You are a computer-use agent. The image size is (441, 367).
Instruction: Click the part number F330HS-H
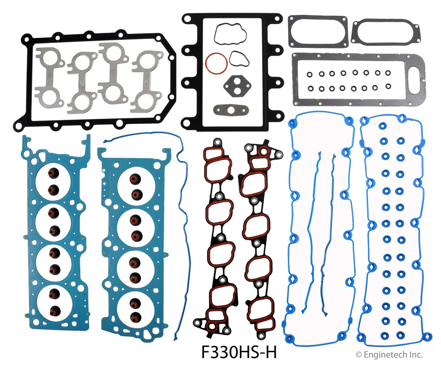[x=239, y=352]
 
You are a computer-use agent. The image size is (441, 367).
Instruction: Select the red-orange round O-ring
[x=216, y=63]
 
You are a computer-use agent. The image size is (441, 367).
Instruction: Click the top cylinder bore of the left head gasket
[x=53, y=181]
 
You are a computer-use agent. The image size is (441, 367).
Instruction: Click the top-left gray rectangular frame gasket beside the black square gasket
[x=317, y=31]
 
